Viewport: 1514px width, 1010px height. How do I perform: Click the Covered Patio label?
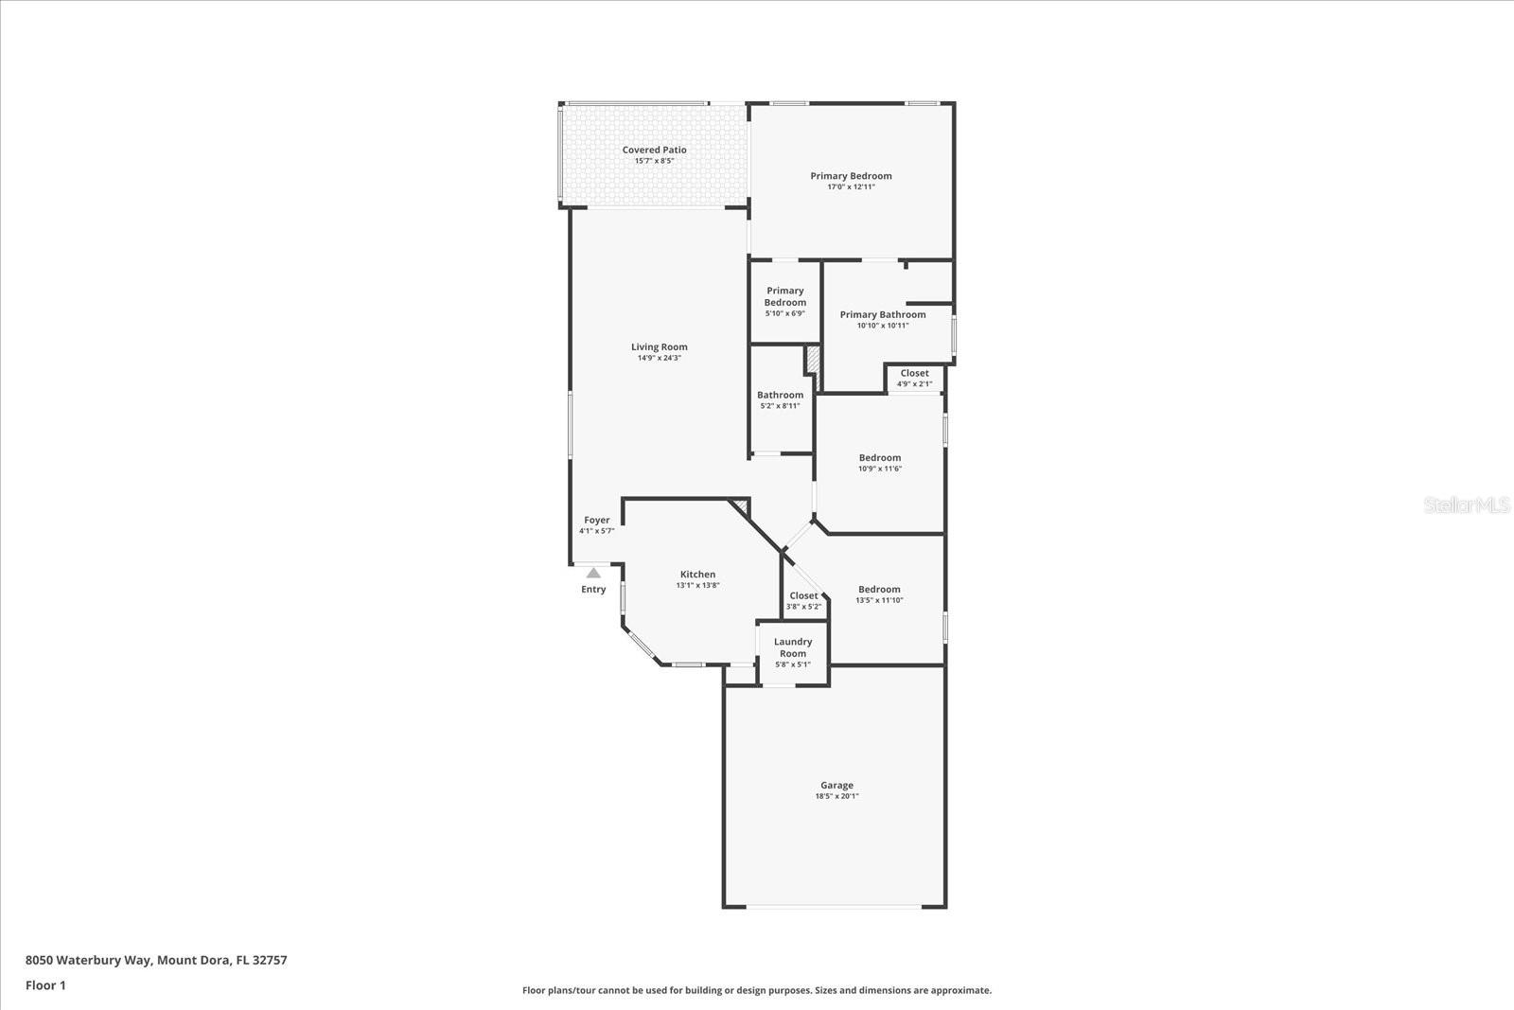(x=654, y=150)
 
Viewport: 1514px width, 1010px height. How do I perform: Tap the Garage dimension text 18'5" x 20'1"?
(x=836, y=797)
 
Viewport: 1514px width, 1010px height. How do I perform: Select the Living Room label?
(x=660, y=347)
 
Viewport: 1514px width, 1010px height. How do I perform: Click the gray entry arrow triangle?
(x=593, y=573)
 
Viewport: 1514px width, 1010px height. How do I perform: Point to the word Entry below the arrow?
(x=593, y=590)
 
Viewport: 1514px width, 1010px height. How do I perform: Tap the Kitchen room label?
(x=697, y=575)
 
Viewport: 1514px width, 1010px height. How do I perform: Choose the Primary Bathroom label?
(x=883, y=315)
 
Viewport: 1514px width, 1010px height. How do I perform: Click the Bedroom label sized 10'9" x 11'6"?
(x=880, y=458)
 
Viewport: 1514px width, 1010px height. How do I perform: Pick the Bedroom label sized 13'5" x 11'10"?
(x=879, y=590)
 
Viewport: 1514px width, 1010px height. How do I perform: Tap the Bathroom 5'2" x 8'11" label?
(x=780, y=396)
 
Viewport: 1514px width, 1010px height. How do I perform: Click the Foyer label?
(x=597, y=521)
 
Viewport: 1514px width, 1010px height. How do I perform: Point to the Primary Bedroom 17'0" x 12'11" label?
(x=851, y=176)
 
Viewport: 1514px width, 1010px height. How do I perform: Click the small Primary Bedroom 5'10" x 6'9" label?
(x=785, y=297)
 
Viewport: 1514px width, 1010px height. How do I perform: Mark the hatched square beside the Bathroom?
(x=812, y=362)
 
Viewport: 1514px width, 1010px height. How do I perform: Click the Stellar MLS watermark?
(x=1466, y=505)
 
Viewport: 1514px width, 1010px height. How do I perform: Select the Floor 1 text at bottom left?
(x=45, y=985)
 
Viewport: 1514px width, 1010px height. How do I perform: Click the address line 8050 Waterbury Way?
(x=156, y=960)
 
